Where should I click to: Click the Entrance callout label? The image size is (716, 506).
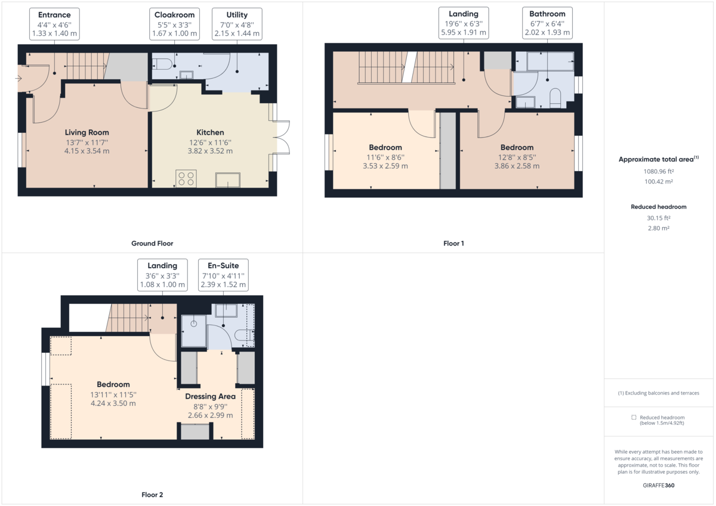point(54,24)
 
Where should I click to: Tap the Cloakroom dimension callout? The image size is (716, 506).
point(174,24)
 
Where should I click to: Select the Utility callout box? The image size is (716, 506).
point(237,24)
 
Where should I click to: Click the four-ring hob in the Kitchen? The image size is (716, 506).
point(186,179)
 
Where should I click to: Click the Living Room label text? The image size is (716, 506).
point(87,132)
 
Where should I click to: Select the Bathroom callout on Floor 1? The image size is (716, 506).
point(548,23)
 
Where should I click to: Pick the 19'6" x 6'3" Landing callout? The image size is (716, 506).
point(464,23)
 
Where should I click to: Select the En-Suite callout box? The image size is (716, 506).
point(223,275)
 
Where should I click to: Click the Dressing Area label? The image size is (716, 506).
point(210,396)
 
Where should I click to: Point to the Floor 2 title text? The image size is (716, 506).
point(152,495)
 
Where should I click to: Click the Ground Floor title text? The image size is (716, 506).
point(152,243)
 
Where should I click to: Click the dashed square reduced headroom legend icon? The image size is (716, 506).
point(634,417)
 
